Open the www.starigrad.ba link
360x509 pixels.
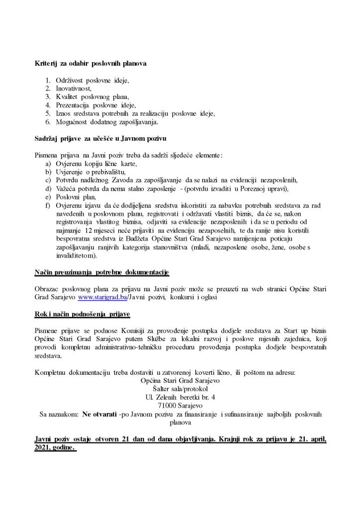pos(99,297)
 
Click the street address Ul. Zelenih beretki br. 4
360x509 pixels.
pos(180,398)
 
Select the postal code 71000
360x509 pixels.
pos(167,406)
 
